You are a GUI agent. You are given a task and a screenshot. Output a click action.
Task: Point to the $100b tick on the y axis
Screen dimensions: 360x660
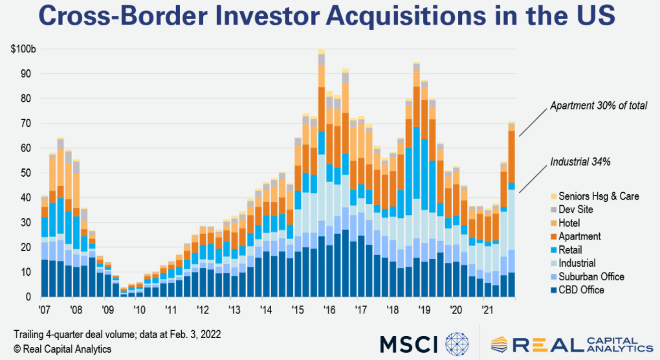(23, 49)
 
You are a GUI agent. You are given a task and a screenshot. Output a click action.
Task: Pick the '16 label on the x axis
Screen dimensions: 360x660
(328, 309)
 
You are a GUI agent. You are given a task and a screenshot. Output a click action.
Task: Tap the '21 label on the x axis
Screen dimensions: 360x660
(485, 309)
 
